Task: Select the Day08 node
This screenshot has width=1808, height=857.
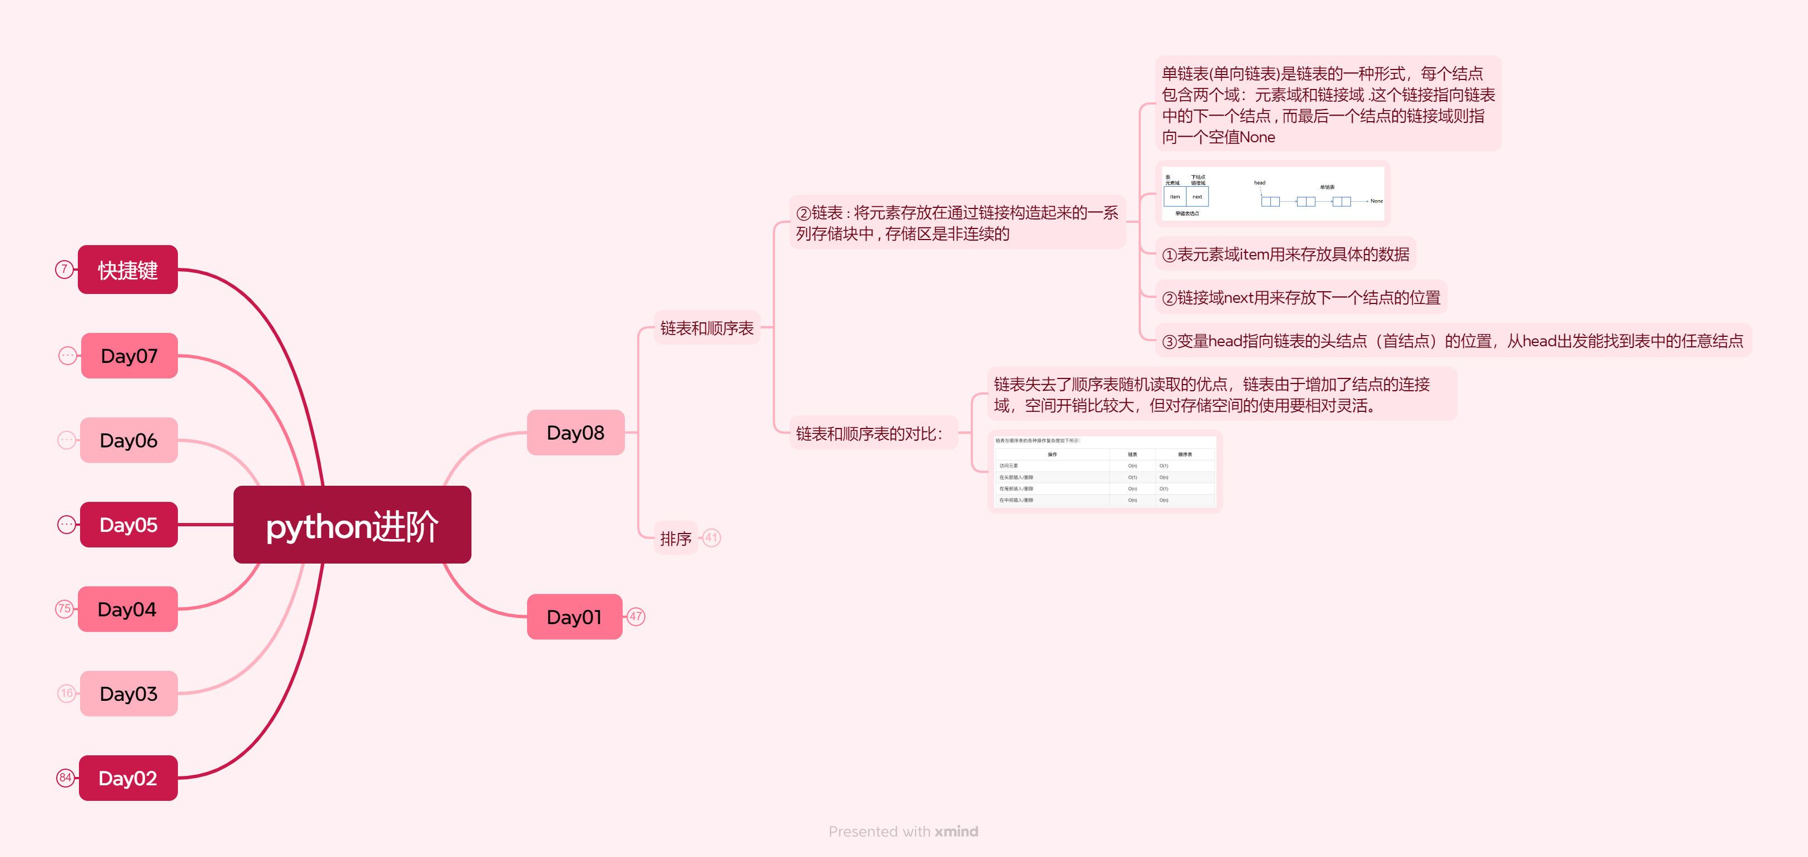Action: point(575,432)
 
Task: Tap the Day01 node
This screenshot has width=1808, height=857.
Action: point(574,617)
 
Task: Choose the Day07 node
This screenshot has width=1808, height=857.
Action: point(129,356)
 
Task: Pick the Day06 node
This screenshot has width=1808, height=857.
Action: point(128,440)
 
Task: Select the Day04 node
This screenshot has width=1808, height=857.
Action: point(127,609)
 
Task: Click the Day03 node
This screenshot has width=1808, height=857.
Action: point(128,694)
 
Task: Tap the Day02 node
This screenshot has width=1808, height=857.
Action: point(128,778)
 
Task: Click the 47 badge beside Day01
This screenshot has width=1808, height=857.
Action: point(636,616)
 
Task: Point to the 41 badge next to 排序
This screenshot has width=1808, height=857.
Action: point(712,537)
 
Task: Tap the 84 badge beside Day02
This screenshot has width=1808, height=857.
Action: point(65,778)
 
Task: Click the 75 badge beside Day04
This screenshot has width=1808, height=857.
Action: point(64,609)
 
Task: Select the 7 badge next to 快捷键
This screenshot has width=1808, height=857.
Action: point(64,269)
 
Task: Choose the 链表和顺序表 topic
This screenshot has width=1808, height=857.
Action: point(706,328)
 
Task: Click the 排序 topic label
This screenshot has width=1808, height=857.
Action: point(675,539)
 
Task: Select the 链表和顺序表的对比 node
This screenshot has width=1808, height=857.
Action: point(869,434)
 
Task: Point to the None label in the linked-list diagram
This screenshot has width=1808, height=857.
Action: point(1377,201)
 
